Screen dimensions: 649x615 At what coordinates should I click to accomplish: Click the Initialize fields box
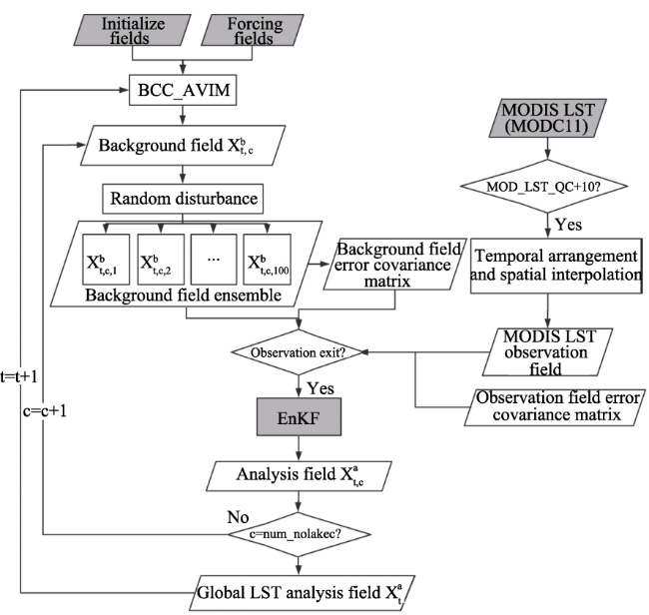click(x=133, y=30)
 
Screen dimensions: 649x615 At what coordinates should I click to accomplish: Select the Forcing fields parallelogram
click(x=253, y=30)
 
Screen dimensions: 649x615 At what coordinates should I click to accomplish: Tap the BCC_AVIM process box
click(x=183, y=90)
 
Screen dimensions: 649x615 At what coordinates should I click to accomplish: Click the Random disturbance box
click(x=183, y=199)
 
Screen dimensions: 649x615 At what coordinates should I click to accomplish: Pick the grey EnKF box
click(x=299, y=416)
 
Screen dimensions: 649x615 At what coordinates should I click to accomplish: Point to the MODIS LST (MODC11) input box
click(x=547, y=118)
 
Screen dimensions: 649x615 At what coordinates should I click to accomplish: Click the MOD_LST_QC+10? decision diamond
click(x=544, y=187)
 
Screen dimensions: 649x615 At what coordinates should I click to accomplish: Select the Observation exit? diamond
click(x=298, y=352)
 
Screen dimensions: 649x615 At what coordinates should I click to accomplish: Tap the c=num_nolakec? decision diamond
click(x=299, y=534)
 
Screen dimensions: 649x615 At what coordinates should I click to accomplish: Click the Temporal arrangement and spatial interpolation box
click(x=556, y=266)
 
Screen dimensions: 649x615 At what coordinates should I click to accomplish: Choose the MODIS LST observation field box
click(x=547, y=352)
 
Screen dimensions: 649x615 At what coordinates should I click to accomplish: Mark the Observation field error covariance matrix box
click(x=555, y=407)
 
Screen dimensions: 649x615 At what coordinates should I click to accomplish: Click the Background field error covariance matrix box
click(x=394, y=264)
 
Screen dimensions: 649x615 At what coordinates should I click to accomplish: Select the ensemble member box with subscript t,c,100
click(x=267, y=260)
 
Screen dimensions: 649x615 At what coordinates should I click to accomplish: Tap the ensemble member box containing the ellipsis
click(x=214, y=260)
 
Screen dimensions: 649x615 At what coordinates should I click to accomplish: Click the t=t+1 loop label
click(x=19, y=376)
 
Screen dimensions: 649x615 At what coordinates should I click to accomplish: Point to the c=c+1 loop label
click(x=45, y=411)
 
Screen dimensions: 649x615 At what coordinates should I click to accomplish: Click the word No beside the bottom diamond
click(x=238, y=517)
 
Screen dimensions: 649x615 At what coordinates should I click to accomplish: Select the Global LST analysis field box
click(x=303, y=593)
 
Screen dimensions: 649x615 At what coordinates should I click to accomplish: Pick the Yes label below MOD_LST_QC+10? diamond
click(x=569, y=225)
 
